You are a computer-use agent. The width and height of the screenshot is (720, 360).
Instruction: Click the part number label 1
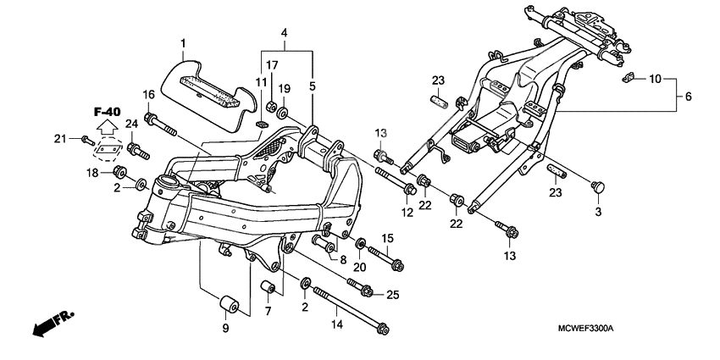pos(181,42)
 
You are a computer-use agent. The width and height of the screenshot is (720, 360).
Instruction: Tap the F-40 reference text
pos(107,111)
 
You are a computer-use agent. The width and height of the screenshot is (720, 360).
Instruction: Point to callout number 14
pos(336,324)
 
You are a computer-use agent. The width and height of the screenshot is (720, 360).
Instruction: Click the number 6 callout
pos(689,97)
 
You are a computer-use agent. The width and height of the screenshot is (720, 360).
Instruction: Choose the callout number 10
pos(656,79)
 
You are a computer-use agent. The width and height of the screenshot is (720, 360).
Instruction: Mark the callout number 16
pos(148,95)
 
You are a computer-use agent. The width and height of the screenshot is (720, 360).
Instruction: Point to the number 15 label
pos(387,238)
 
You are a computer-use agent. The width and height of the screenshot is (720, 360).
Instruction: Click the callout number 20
pos(359,268)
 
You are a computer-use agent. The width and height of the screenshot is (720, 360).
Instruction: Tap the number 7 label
pos(267,312)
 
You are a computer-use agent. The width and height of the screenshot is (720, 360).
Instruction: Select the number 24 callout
pos(131,125)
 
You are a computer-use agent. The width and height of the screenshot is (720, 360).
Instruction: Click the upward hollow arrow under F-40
pos(107,130)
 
